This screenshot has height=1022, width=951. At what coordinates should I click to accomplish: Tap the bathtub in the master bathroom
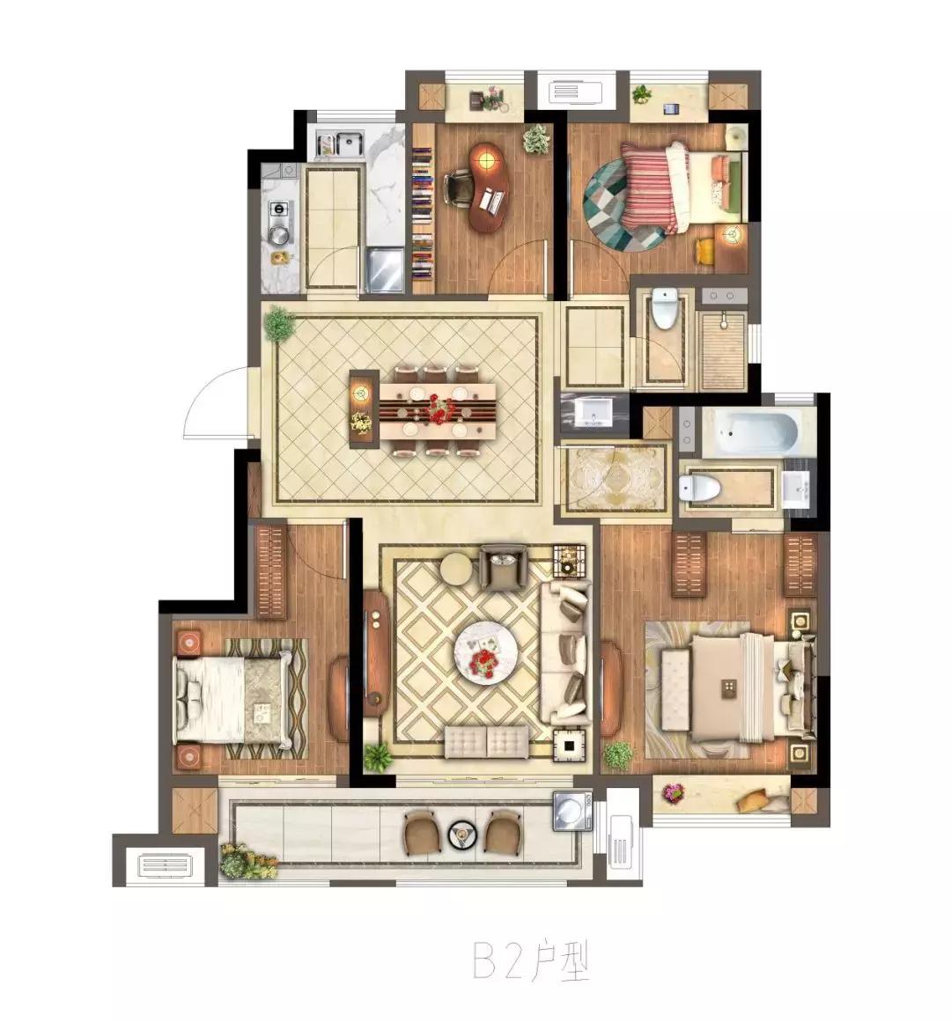pos(757,430)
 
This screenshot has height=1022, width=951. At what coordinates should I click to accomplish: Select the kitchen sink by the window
pos(340,144)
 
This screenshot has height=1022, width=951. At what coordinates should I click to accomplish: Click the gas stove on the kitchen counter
pos(280,223)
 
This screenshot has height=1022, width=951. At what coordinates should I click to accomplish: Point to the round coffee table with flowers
pos(486,652)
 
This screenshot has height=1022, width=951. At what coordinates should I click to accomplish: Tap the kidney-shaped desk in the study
pos(488,187)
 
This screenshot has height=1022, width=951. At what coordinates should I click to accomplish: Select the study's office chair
pos(458,186)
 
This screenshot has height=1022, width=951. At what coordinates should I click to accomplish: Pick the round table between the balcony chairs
pos(463,834)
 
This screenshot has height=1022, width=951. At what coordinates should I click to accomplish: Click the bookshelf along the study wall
pos(423,210)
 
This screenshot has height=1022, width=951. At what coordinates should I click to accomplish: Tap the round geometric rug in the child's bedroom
pos(624,205)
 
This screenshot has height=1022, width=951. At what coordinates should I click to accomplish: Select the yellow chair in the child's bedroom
pos(704,253)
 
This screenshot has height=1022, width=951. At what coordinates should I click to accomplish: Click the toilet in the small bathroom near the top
pos(665,310)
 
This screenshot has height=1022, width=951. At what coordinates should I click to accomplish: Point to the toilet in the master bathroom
pos(699,486)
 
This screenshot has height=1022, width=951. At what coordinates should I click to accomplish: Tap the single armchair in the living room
pos(502,567)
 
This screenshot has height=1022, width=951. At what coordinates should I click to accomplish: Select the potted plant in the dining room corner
pos(280,323)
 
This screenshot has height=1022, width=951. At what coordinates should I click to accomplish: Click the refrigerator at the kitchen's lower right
pos(385,269)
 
